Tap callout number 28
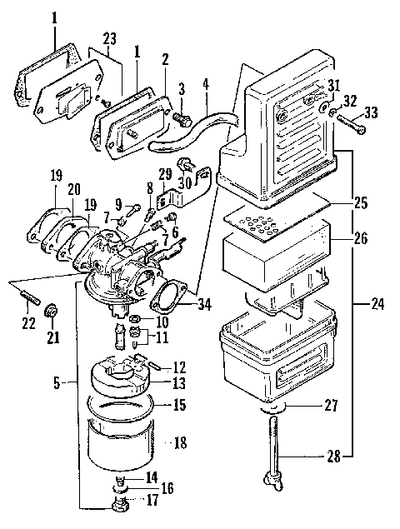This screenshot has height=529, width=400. [x=332, y=456]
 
